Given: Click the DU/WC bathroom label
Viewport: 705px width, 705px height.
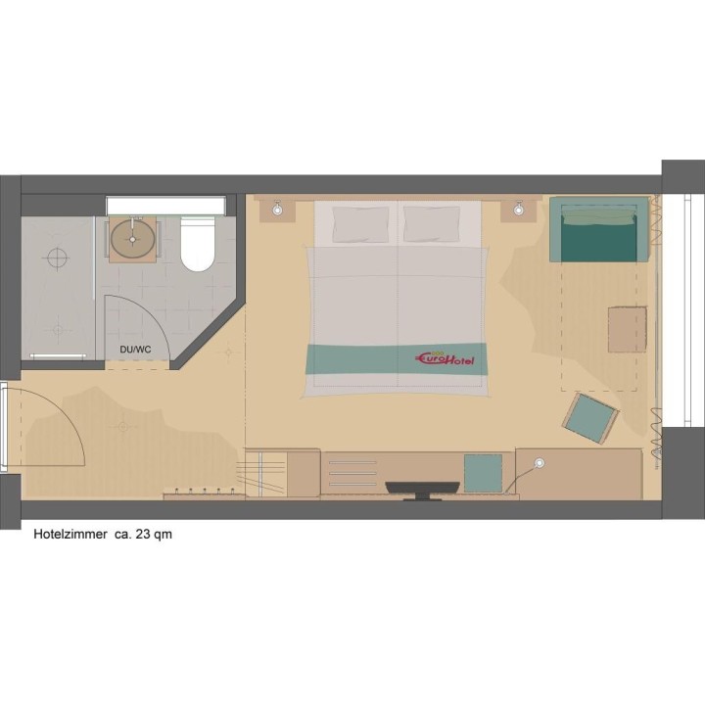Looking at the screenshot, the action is point(135,350).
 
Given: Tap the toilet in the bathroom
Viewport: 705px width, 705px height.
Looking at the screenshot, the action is point(198,244).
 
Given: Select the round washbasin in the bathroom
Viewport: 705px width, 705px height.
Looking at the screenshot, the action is point(133,239).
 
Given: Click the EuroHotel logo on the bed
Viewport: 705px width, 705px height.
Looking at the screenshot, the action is point(445,358).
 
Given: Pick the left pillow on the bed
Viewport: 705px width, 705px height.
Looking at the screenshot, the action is point(360,224).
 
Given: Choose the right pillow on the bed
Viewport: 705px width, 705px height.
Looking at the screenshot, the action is point(432,224).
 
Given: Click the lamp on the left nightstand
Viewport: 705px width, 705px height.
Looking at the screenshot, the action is point(277,210).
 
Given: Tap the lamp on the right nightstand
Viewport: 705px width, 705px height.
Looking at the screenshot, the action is point(519,209).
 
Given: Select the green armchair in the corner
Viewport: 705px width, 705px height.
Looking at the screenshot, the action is point(599,229).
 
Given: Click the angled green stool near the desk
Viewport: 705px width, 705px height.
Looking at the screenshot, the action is point(590,419).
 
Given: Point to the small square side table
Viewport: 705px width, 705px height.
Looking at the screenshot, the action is point(628,330).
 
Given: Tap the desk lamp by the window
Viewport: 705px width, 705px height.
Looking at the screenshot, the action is point(540,462).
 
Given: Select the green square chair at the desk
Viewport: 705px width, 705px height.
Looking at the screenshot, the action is point(483,473).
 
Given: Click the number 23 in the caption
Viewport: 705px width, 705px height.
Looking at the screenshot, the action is point(142,535).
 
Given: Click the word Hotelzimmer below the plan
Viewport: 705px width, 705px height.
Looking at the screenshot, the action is point(70,535).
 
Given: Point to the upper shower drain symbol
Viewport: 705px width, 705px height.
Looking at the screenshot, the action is point(58,258).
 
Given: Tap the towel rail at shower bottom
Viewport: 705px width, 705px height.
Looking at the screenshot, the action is point(58,356).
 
